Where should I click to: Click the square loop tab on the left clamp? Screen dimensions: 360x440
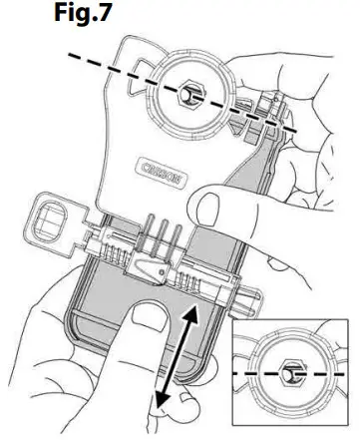tap(47, 215)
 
